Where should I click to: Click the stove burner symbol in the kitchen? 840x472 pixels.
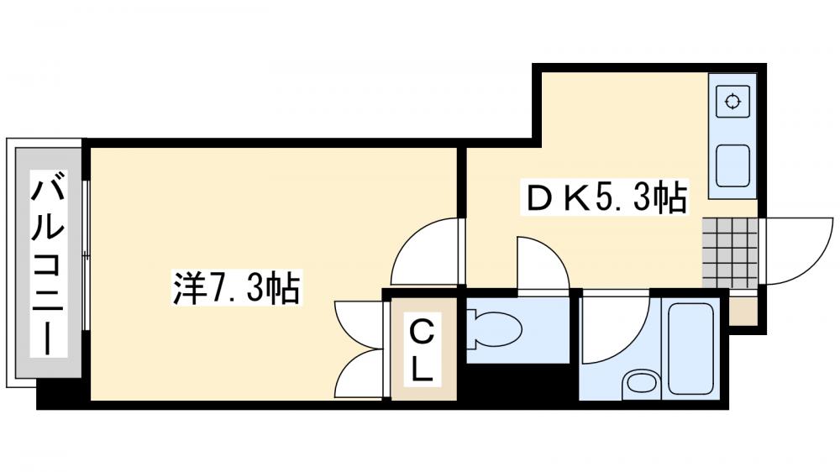click(732, 103)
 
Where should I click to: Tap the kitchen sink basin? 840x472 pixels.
click(732, 165)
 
